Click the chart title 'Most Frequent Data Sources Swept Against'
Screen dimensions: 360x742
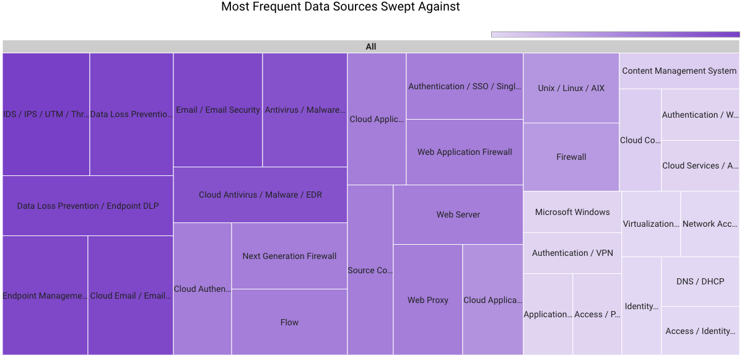pyautogui.click(x=341, y=7)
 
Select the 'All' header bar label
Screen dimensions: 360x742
pyautogui.click(x=371, y=46)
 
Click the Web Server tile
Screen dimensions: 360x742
pyautogui.click(x=458, y=214)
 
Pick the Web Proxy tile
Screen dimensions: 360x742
pyautogui.click(x=427, y=300)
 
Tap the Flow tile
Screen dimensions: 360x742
pyautogui.click(x=289, y=322)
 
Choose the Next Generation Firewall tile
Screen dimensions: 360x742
pyautogui.click(x=289, y=256)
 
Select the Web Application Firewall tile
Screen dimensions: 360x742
pyautogui.click(x=465, y=152)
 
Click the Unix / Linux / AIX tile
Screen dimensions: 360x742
pyautogui.click(x=571, y=88)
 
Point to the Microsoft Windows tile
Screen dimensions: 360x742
pyautogui.click(x=572, y=212)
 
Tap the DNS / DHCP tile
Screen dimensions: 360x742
pyautogui.click(x=700, y=281)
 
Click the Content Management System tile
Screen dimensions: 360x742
pyautogui.click(x=679, y=71)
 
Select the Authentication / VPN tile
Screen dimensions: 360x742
pyautogui.click(x=572, y=253)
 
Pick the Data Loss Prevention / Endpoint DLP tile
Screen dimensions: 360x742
pyautogui.click(x=88, y=206)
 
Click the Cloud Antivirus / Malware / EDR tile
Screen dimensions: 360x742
pyautogui.click(x=260, y=195)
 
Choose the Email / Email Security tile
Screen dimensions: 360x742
pyautogui.click(x=218, y=110)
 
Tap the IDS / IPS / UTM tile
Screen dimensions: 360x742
pyautogui.click(x=46, y=114)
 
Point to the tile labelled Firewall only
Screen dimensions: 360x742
pyautogui.click(x=571, y=157)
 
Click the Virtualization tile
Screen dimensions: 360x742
pyautogui.click(x=651, y=224)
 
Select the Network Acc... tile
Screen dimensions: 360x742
pyautogui.click(x=710, y=224)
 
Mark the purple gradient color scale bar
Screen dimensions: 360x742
pyautogui.click(x=616, y=35)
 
